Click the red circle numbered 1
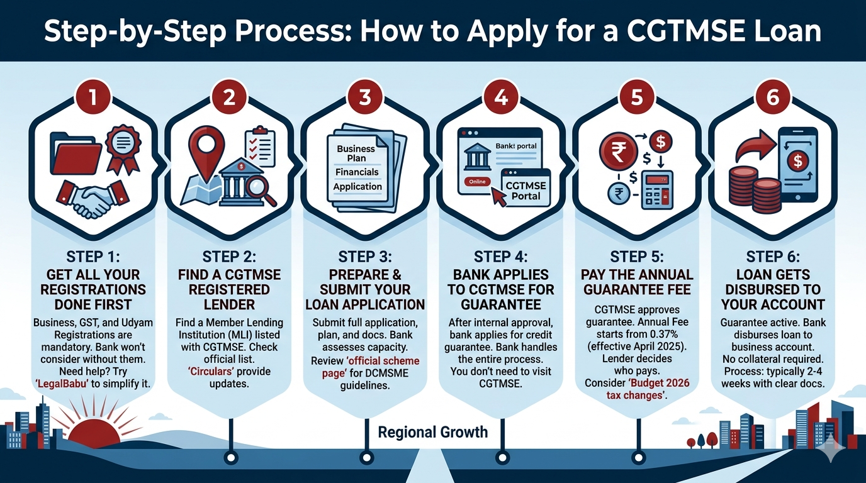(x=94, y=97)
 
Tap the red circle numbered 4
(x=501, y=97)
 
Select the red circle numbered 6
(x=772, y=97)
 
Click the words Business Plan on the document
(x=356, y=153)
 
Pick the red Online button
(x=476, y=181)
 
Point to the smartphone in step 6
(x=797, y=165)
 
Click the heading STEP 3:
(x=365, y=257)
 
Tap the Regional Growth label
(x=433, y=432)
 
